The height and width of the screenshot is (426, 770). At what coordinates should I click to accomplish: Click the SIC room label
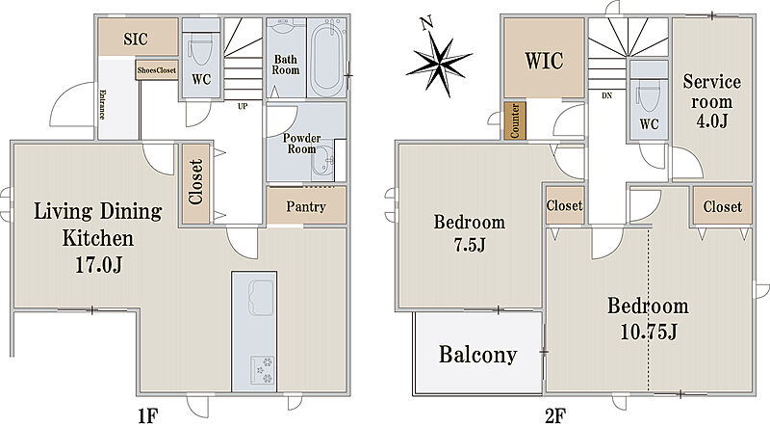tap(136, 39)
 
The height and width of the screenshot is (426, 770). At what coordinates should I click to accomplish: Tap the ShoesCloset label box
tap(157, 70)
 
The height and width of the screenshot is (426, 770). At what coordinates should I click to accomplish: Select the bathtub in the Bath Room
tap(328, 57)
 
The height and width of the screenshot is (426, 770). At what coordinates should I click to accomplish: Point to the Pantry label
tap(306, 207)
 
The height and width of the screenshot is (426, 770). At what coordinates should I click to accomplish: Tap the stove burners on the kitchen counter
tap(262, 369)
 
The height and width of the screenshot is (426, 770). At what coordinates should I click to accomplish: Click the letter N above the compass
tap(426, 22)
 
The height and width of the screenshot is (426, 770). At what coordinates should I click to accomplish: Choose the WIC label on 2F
tap(544, 61)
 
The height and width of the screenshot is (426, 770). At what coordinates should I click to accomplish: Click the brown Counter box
tap(515, 120)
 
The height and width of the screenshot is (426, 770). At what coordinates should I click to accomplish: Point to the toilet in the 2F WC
tap(648, 98)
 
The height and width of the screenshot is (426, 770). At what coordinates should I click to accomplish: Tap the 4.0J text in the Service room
tap(711, 120)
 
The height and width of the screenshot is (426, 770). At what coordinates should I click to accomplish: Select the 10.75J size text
tap(648, 333)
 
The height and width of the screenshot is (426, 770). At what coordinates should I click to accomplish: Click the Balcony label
tap(477, 354)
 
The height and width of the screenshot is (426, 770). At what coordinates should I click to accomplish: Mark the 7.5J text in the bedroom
tap(469, 245)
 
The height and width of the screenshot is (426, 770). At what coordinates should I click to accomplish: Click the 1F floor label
tap(147, 416)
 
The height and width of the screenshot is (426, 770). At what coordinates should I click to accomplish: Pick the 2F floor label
tap(555, 416)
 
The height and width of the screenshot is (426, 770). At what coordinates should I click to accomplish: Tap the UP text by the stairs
tap(243, 106)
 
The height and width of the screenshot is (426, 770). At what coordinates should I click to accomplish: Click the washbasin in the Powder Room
tap(322, 162)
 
